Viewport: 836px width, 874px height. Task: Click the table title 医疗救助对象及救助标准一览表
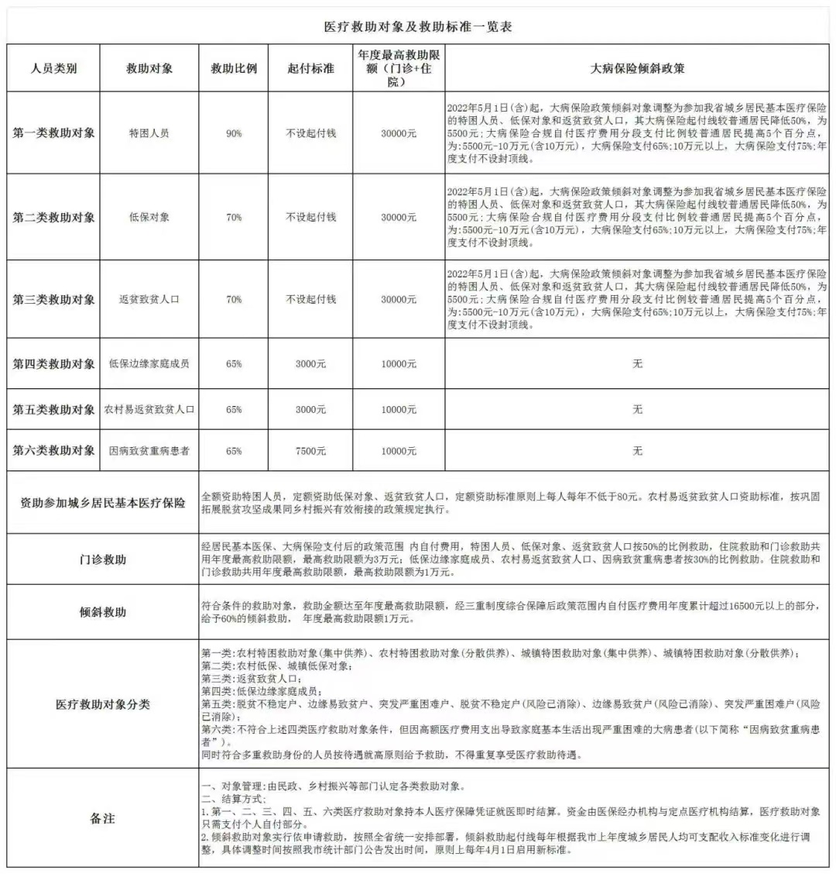417,26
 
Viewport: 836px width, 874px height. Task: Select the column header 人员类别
53,68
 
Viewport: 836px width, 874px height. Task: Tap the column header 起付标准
310,68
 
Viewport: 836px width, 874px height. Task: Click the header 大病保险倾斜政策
637,68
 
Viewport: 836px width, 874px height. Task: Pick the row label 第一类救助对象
53,133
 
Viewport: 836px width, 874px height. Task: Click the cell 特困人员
149,133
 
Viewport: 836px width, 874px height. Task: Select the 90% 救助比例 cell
234,133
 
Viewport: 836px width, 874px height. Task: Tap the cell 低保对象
149,218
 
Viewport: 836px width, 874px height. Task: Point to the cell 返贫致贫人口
149,299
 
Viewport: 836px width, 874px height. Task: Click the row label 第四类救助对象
53,363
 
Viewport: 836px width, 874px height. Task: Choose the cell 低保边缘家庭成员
149,363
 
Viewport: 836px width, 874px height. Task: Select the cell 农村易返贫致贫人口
149,409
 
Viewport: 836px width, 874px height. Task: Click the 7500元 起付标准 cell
310,450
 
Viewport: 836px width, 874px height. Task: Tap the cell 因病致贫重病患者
149,450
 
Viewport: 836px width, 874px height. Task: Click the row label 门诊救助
102,559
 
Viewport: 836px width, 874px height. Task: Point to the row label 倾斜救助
102,612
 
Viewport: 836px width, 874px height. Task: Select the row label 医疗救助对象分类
102,704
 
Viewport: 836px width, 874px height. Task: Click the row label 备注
102,818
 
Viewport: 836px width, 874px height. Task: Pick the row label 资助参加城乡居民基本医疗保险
102,503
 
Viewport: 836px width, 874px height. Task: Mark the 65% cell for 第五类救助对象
234,409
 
